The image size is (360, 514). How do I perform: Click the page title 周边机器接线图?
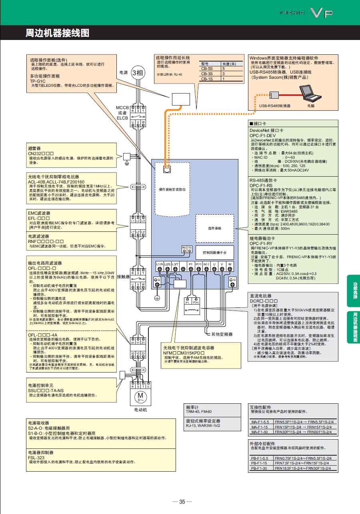click(x=57, y=33)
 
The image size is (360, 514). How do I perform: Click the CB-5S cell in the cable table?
click(x=207, y=69)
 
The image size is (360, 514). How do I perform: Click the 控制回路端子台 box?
click(x=214, y=253)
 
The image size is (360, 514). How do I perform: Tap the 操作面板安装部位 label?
click(x=172, y=189)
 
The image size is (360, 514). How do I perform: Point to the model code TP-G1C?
click(x=38, y=81)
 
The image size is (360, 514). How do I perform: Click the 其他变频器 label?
click(x=222, y=333)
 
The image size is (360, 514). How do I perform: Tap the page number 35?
click(x=182, y=502)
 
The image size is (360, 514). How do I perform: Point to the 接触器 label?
click(x=124, y=276)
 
